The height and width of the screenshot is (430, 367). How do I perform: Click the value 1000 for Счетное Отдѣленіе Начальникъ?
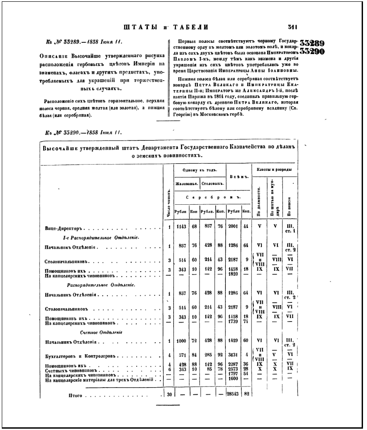[180, 341]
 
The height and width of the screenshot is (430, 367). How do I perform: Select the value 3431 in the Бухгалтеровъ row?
[233, 356]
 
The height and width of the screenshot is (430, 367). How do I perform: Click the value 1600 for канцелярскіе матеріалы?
[233, 378]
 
